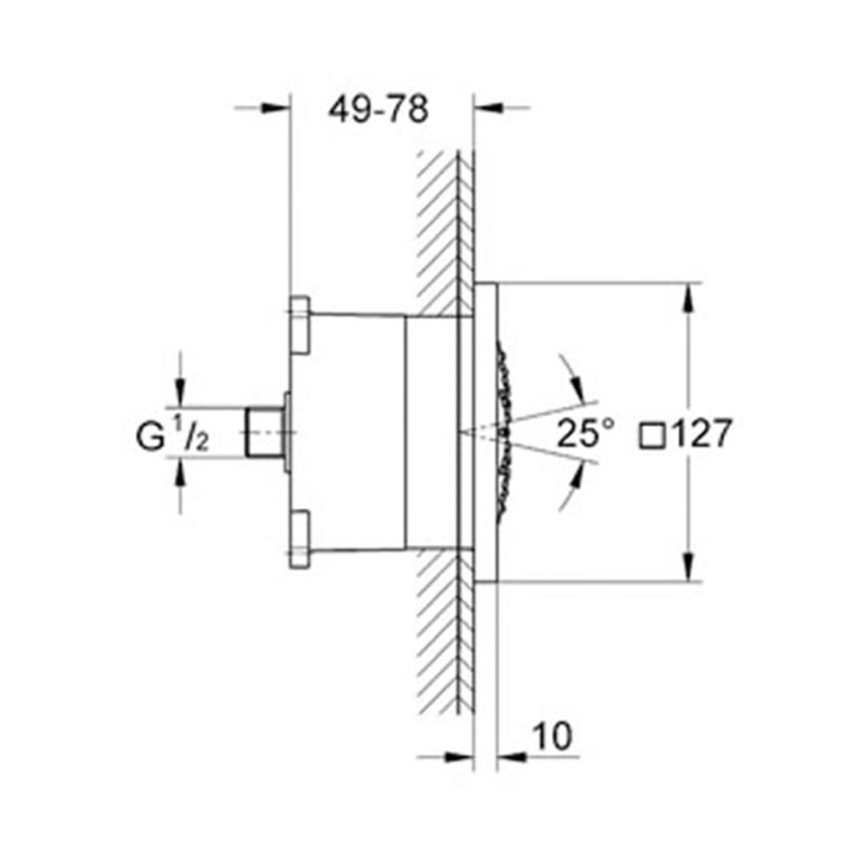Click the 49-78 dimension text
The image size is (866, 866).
378,110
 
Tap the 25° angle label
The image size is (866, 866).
585,433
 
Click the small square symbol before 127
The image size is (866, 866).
652,433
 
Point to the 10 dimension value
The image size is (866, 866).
553,737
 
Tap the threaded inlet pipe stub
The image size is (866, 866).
263,432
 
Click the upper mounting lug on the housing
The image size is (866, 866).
299,324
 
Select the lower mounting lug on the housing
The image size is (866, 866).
299,540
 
